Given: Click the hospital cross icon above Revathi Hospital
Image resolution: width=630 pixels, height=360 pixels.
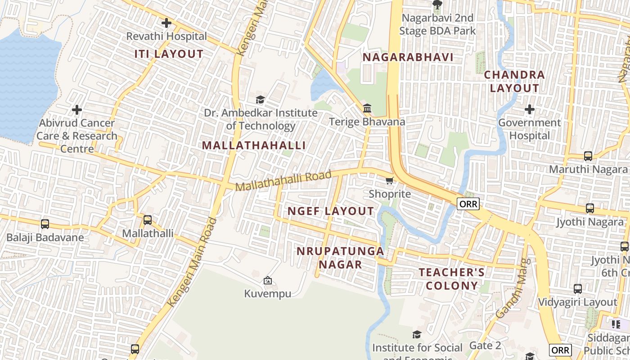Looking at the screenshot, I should tap(166, 22).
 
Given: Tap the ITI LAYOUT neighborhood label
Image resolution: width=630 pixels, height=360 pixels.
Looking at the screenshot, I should tap(169, 54).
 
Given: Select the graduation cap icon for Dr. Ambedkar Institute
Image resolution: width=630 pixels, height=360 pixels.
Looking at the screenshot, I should tap(260, 99).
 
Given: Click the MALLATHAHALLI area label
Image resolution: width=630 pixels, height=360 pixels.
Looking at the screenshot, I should tap(254, 145).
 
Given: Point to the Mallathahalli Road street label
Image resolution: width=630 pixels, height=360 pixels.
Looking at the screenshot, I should tap(283, 180).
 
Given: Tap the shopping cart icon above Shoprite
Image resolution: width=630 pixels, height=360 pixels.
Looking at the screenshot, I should tap(389, 180).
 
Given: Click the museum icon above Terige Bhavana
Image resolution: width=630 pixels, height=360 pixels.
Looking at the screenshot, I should tap(367, 108).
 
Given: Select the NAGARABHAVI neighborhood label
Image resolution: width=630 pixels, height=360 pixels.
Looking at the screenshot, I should tap(408, 58).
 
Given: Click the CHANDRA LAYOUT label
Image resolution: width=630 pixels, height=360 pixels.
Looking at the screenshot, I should tap(514, 81).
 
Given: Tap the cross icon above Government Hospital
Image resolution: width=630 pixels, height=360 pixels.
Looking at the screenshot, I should tap(530, 109).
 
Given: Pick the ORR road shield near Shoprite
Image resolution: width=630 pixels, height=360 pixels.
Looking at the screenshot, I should tap(468, 204).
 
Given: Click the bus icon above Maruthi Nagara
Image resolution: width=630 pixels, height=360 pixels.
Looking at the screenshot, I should tap(588, 156).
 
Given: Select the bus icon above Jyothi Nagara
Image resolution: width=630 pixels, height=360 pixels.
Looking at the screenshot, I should tap(590, 208).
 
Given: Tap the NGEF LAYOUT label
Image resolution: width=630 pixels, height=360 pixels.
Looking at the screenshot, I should tap(330, 211).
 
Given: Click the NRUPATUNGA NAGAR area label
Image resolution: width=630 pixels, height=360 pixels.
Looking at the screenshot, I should tap(341, 257).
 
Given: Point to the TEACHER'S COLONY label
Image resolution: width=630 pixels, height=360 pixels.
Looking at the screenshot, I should tap(452, 279).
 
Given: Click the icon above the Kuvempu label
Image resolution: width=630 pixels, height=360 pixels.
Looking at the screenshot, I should tap(268, 280).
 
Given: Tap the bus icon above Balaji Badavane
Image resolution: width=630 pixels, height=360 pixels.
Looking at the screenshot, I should tap(45, 224).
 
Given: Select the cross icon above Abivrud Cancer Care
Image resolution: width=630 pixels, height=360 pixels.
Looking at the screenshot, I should tap(77, 109).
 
